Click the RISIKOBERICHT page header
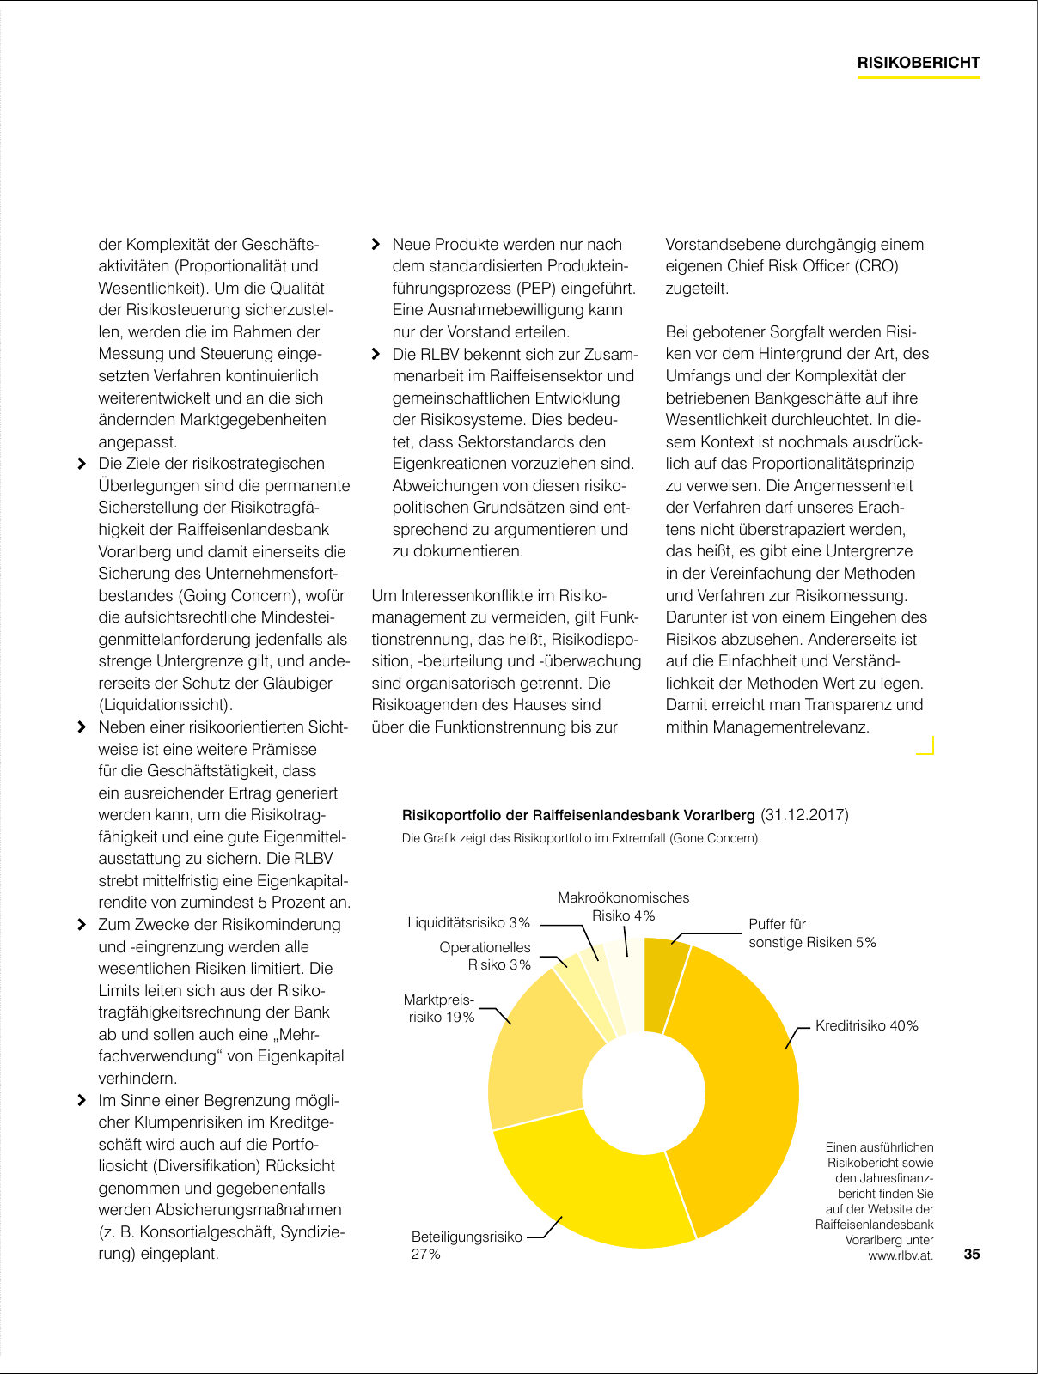[919, 63]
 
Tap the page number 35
[971, 1254]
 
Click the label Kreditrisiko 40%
[866, 1025]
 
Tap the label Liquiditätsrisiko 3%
[468, 922]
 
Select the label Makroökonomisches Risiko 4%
[623, 906]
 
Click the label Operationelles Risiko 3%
[485, 956]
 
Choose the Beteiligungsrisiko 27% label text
[467, 1245]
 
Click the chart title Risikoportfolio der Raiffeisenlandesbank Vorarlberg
[578, 815]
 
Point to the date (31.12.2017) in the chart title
[804, 815]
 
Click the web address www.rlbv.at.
[900, 1255]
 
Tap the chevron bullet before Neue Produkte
[376, 245]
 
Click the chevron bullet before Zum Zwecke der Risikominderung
[82, 925]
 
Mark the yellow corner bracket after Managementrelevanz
[926, 746]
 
